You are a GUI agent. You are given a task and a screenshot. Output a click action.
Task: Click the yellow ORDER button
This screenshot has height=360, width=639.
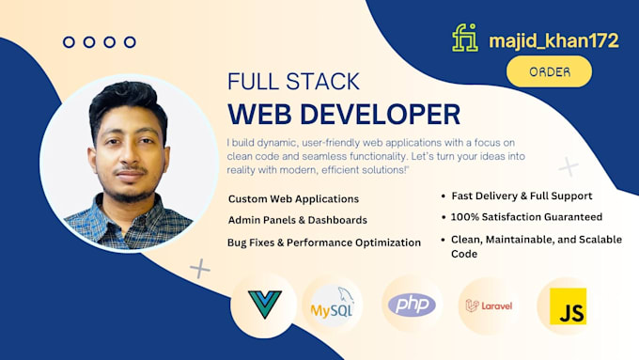tap(549, 71)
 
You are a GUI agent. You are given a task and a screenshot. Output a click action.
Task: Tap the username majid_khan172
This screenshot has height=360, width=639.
tap(553, 40)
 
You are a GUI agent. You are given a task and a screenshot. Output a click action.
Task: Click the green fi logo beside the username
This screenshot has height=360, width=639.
tap(465, 38)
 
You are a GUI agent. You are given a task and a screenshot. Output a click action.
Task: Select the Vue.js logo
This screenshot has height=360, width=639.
tap(264, 305)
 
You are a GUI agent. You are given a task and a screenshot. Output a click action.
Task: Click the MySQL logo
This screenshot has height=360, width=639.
tap(333, 304)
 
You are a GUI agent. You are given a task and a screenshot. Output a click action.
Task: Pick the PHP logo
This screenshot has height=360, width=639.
tap(412, 305)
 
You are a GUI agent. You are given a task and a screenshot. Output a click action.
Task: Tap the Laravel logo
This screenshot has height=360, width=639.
tap(489, 305)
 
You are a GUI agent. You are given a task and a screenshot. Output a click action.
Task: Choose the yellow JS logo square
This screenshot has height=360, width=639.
tap(568, 306)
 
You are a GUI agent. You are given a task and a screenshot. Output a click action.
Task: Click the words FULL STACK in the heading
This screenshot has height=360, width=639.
tap(293, 81)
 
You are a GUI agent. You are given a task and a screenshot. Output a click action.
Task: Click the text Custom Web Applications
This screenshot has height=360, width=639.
tap(293, 199)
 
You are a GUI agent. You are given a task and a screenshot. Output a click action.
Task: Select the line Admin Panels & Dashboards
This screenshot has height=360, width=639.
tap(298, 220)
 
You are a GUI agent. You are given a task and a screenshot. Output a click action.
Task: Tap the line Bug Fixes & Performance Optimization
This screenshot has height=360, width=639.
tap(324, 243)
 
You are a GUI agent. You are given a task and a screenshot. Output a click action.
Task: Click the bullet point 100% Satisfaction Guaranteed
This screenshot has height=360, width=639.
tap(526, 217)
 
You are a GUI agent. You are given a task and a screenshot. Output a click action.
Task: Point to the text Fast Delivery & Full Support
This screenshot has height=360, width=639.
tap(522, 196)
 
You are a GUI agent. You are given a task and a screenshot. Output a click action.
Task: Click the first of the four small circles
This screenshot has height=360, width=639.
tap(69, 42)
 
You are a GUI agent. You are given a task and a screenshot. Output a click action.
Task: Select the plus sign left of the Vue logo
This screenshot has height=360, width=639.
tap(199, 269)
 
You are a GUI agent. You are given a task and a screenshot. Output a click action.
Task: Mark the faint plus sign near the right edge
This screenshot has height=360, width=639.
tap(569, 166)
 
